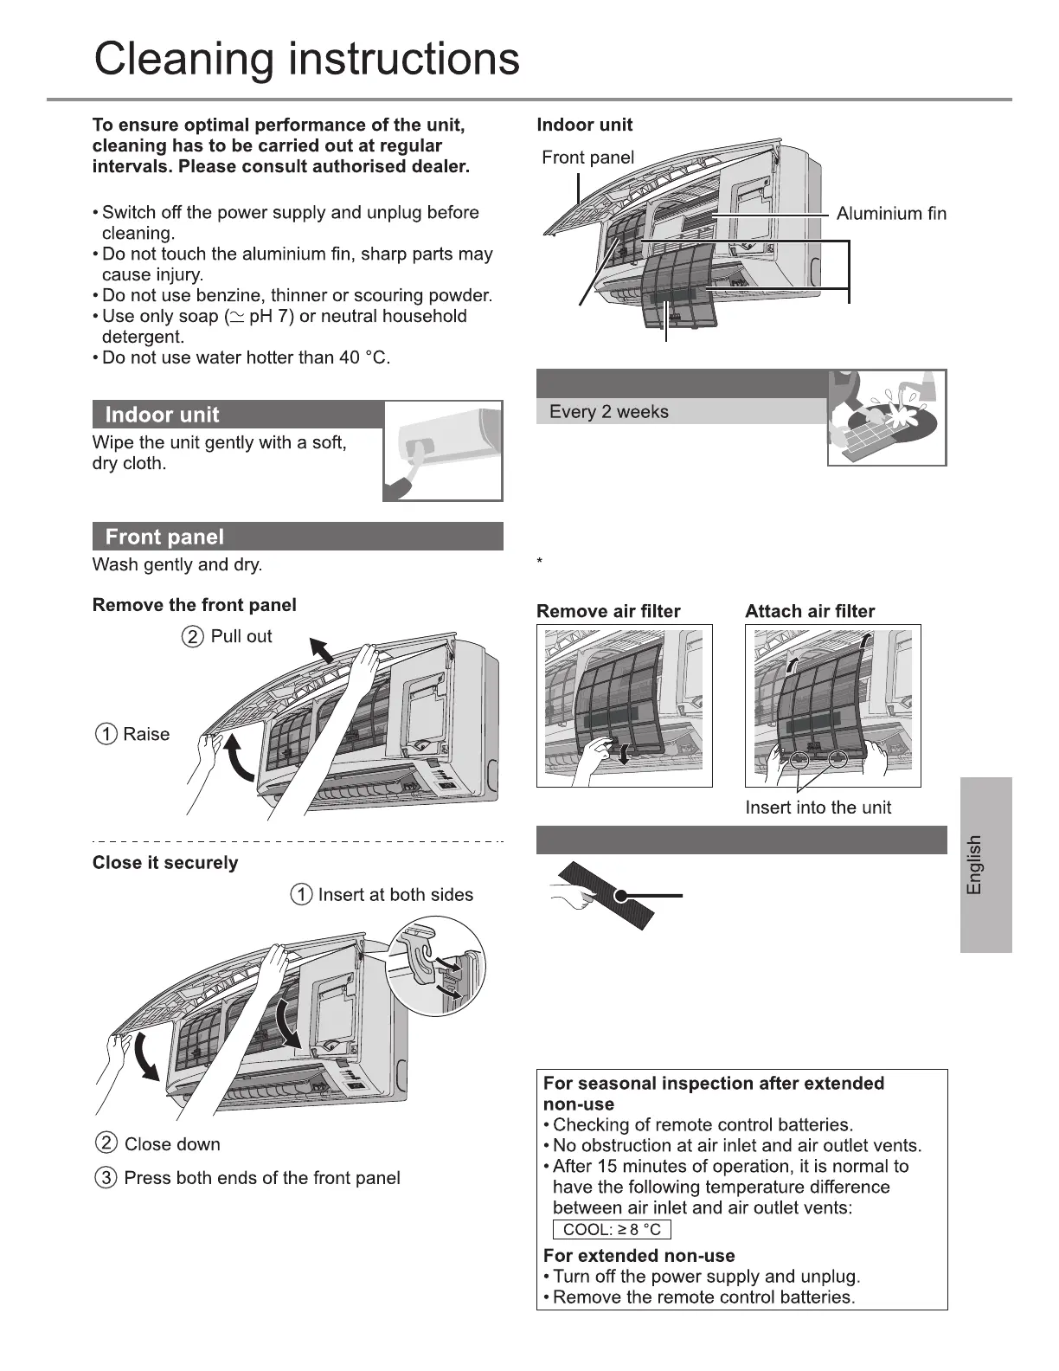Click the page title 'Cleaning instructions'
[306, 59]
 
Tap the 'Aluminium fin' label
[890, 214]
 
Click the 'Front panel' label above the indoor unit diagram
[587, 158]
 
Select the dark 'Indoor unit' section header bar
[237, 415]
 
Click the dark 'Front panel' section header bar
[297, 537]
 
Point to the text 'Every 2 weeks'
[608, 412]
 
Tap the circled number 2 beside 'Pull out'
[193, 637]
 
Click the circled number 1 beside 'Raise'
[106, 735]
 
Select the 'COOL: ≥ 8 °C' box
[611, 1230]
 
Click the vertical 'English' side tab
[985, 865]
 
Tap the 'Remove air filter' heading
[608, 612]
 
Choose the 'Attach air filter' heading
[810, 612]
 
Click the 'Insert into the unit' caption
[818, 808]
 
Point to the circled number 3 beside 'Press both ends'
[106, 1178]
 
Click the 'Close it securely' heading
[165, 863]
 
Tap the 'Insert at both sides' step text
[395, 895]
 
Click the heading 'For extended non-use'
[639, 1256]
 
